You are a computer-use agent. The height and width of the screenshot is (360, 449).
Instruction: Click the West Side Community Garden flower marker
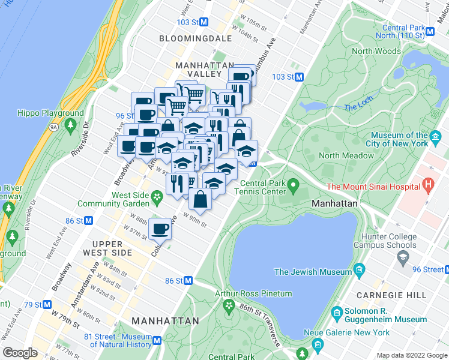coord(157,196)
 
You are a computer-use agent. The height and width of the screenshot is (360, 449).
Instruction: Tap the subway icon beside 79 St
coord(55,305)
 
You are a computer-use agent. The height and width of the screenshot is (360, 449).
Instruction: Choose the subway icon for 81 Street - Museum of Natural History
coord(157,340)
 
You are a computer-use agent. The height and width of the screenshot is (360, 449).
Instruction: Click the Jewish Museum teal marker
coord(360,268)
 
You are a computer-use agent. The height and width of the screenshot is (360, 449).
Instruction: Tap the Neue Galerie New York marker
coord(318,344)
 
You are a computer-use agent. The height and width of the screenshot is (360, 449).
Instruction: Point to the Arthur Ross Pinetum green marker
coord(228,307)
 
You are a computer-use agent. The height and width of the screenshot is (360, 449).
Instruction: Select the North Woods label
coord(376,51)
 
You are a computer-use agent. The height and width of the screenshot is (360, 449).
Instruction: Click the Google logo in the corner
coord(20,353)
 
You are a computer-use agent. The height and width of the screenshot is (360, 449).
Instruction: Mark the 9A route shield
coord(53,127)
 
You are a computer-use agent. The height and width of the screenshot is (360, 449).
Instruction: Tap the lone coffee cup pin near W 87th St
coord(160,229)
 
